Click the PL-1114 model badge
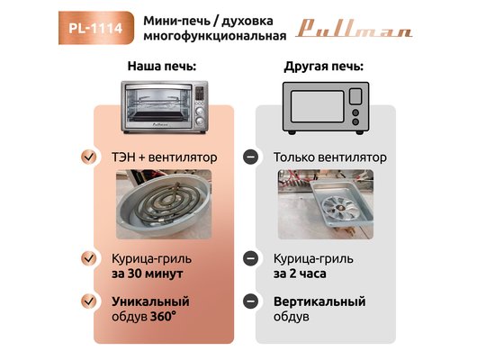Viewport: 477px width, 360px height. (x=96, y=28)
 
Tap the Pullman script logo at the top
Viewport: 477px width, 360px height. (x=354, y=29)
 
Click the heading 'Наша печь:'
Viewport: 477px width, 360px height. (x=162, y=66)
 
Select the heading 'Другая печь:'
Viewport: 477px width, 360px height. (x=324, y=67)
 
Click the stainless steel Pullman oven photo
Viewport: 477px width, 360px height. (x=165, y=107)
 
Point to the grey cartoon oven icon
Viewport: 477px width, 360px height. (x=326, y=108)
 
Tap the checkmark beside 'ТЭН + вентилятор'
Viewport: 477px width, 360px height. (x=89, y=157)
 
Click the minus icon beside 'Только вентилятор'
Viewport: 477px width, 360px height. (x=251, y=157)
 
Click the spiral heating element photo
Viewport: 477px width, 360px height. (x=164, y=204)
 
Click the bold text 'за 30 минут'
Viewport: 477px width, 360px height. (x=148, y=274)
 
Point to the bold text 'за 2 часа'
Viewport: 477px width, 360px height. (x=300, y=274)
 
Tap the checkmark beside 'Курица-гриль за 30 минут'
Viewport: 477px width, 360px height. (x=89, y=258)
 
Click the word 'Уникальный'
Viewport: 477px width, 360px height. (x=150, y=301)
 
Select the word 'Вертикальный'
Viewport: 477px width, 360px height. (x=319, y=301)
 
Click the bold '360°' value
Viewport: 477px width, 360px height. (x=163, y=317)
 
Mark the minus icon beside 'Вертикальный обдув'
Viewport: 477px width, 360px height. (x=251, y=301)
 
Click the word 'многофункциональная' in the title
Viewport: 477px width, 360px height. (x=215, y=36)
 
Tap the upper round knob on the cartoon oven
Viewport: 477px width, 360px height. (x=355, y=112)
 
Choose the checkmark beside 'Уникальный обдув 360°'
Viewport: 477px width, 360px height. (x=89, y=301)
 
